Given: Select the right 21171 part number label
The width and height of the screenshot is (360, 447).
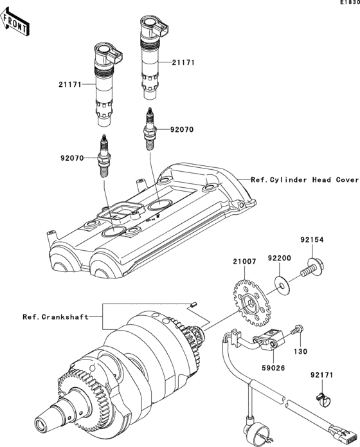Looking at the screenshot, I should (183, 62).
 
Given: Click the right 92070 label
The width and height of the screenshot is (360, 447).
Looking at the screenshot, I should (182, 129).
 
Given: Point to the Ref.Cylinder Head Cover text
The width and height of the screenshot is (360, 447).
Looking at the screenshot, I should (305, 180).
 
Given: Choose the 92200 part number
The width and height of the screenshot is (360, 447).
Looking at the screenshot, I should (279, 255).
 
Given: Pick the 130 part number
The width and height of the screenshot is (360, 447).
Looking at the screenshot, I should (301, 352).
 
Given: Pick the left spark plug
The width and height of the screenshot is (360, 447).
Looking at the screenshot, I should (102, 159).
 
